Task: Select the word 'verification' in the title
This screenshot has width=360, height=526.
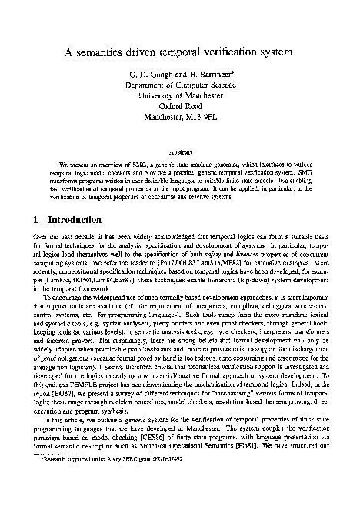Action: coord(229,53)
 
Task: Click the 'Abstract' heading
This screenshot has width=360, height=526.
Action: coord(180,151)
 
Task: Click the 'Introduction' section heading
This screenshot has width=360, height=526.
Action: coord(69,220)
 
